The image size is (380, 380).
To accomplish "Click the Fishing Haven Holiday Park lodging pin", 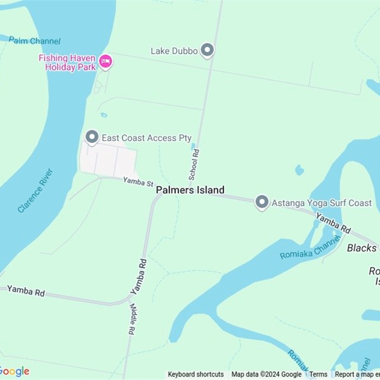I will coord(105,61).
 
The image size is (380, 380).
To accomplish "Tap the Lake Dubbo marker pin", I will coord(207,50).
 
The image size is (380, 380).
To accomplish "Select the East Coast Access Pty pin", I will coord(92,137).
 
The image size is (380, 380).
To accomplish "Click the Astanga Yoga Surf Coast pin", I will coord(262,202).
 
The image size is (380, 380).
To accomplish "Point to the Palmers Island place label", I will coord(190,190).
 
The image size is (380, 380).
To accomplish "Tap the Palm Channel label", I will coord(35,41).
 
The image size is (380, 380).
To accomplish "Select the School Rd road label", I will coord(194,164).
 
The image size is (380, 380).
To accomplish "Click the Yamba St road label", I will coord(138,181).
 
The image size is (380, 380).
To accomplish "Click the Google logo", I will coord(14,371).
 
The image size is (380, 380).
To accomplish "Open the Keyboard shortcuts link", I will coord(196,374).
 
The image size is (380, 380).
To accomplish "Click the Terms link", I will coord(318,374).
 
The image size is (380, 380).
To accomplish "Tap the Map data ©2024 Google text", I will coord(266,374).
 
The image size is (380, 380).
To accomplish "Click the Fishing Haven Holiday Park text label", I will coord(67,62).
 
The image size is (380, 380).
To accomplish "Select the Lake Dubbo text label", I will coord(174,50).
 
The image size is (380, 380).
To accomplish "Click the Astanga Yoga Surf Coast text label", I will coord(322,203).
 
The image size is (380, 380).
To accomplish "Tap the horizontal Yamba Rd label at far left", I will coord(26,291).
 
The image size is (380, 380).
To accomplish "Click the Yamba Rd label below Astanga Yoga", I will coord(333,223).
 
